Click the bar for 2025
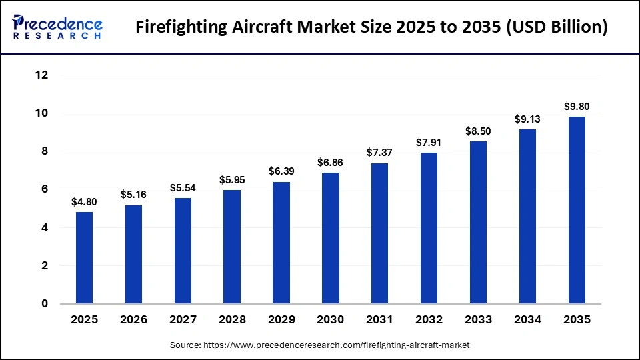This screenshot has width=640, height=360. [x=85, y=258]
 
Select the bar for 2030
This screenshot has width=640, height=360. [x=331, y=238]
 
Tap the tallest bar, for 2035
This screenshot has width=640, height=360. [x=577, y=210]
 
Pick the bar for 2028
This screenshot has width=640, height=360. [x=232, y=247]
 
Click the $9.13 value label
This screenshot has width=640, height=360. [x=527, y=119]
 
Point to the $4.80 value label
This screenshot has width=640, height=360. [x=85, y=201]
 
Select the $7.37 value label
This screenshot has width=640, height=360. [x=380, y=153]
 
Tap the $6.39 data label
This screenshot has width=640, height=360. [x=281, y=171]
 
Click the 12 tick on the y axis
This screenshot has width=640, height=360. [x=41, y=75]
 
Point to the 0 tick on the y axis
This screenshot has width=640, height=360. [x=45, y=304]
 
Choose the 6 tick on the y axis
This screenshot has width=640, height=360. [x=45, y=189]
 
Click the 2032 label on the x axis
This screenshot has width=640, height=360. [x=429, y=320]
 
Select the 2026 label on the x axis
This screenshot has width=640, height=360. [x=134, y=320]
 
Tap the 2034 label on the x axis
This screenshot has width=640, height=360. [x=527, y=320]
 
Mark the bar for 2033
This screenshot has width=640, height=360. [x=478, y=223]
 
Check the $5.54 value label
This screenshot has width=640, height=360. [x=183, y=187]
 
